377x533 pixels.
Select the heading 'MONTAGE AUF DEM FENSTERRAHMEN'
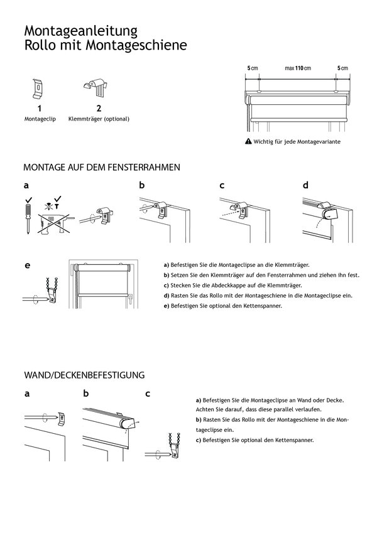[102, 168]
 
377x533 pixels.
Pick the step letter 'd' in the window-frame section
[305, 186]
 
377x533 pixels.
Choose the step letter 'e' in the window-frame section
[27, 266]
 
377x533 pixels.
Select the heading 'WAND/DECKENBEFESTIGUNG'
[84, 375]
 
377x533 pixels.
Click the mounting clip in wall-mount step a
[61, 417]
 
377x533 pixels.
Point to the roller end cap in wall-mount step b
[129, 426]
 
